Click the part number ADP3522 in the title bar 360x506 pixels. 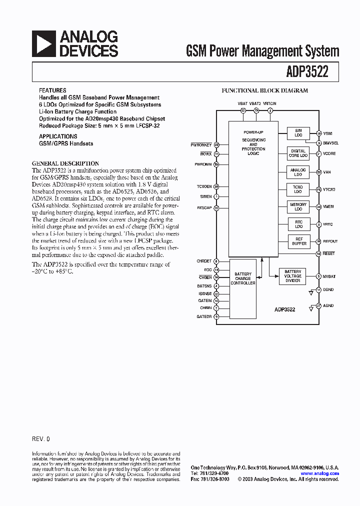[x=307, y=71]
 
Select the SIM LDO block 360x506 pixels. [x=298, y=133]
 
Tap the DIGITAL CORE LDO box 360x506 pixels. [x=298, y=153]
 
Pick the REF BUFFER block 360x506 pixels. [x=298, y=241]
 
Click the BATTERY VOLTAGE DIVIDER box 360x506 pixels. [x=292, y=275]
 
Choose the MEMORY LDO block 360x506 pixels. [x=298, y=206]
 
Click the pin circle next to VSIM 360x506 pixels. [x=319, y=133]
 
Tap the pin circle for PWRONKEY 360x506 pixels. [x=216, y=145]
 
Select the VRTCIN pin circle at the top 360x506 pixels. [x=270, y=110]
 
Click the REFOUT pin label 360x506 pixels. [x=330, y=241]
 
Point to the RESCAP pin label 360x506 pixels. [x=204, y=207]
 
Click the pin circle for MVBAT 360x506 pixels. [x=319, y=276]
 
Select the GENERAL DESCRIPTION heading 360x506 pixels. [x=65, y=163]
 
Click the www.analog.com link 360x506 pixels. [x=319, y=473]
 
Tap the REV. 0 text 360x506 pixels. [x=41, y=438]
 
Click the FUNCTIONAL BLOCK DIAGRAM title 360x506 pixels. [x=265, y=91]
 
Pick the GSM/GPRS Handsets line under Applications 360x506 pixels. [x=66, y=143]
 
